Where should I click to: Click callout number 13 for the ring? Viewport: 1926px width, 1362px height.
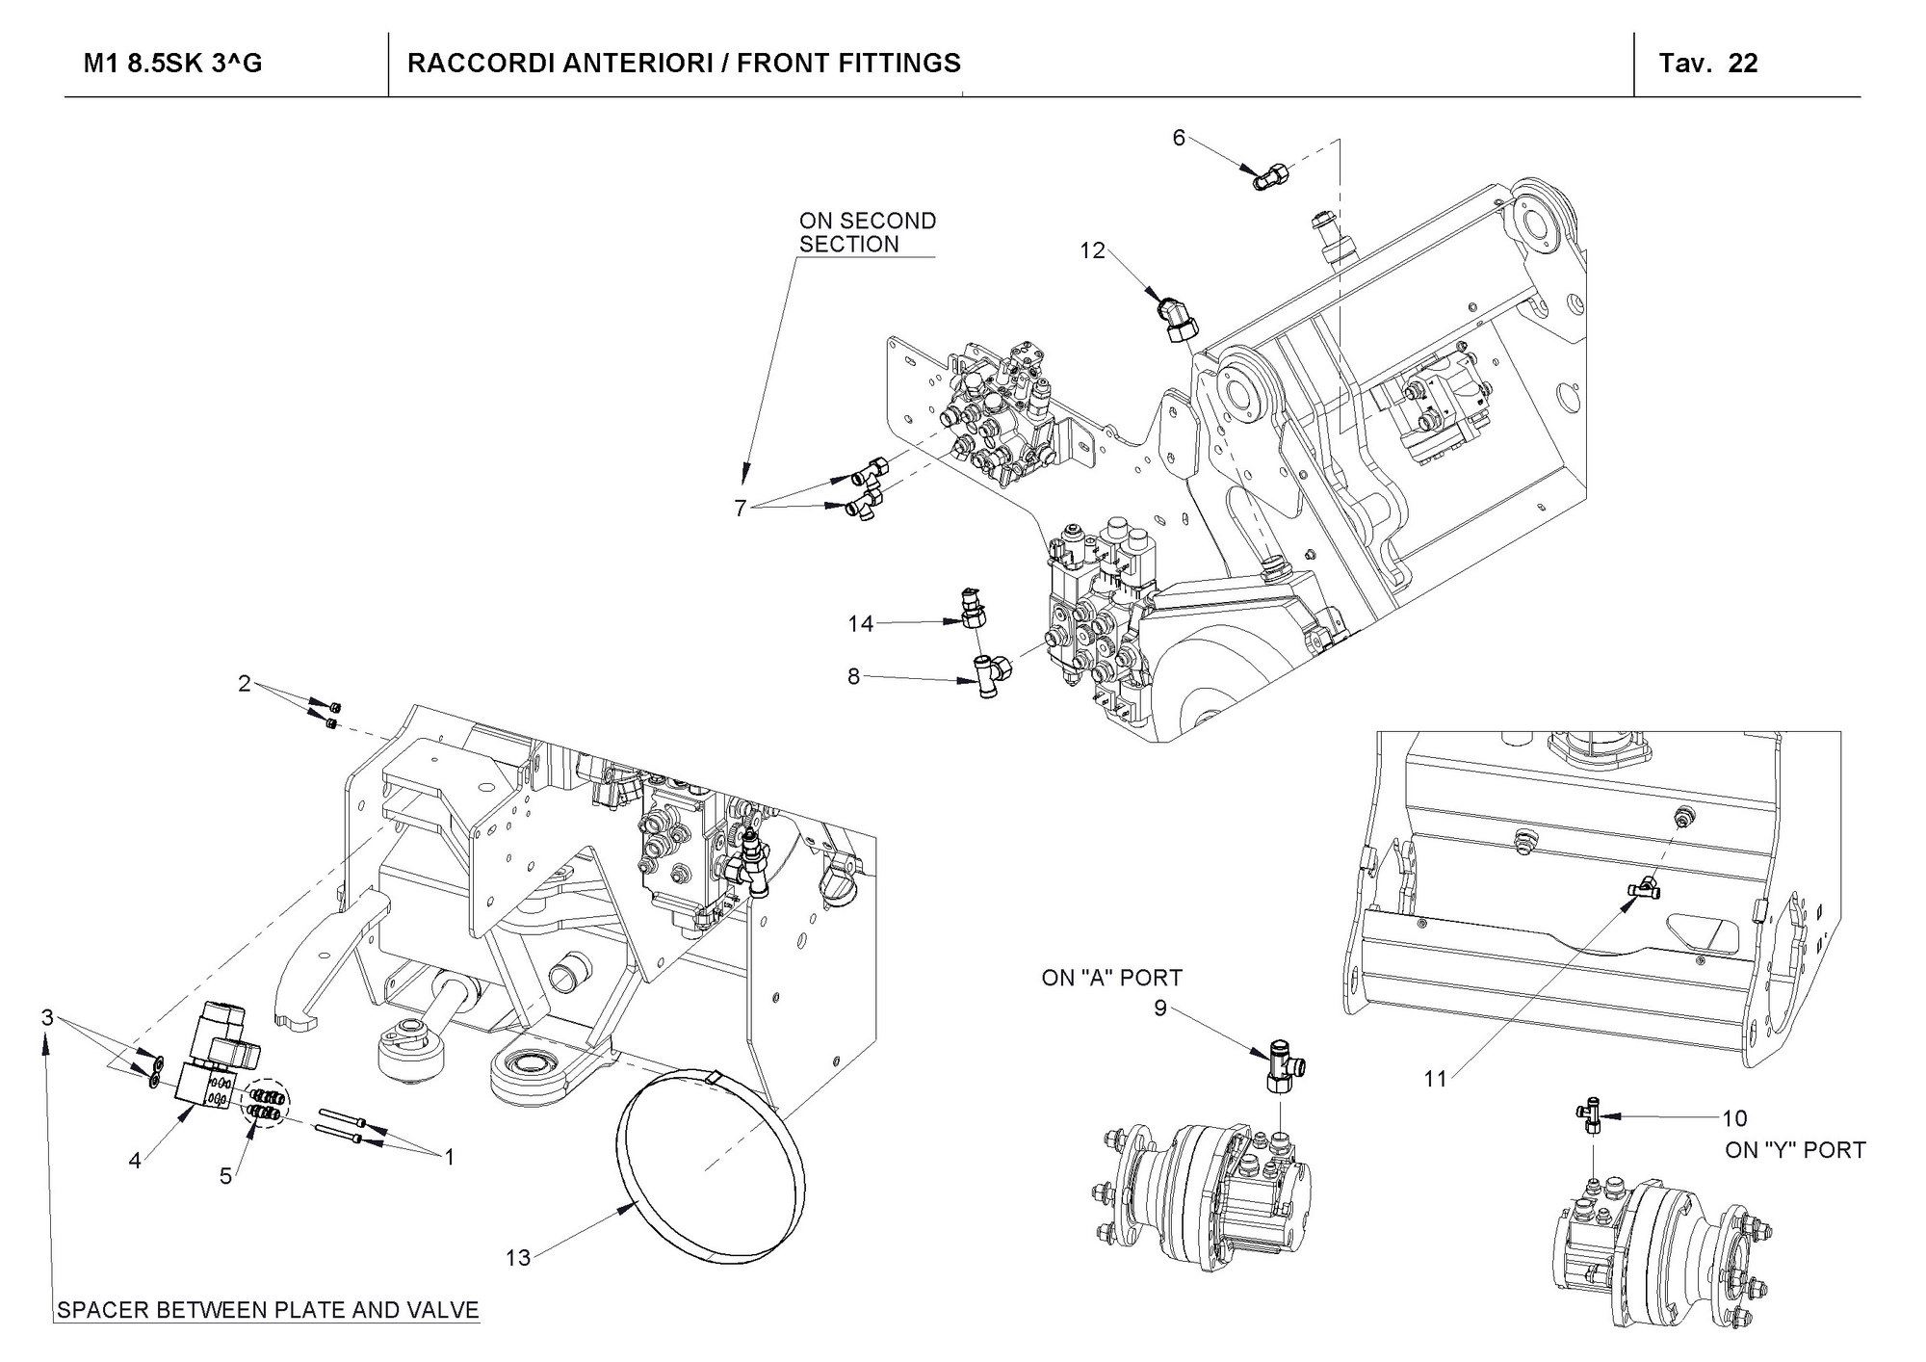point(518,1258)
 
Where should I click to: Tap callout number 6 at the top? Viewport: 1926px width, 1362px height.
point(1179,138)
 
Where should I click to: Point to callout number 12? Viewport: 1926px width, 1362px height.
point(1093,251)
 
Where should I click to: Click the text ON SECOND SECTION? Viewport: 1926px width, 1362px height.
point(867,233)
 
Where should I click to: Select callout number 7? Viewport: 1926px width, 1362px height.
point(740,509)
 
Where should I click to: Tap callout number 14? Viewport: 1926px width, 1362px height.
point(860,624)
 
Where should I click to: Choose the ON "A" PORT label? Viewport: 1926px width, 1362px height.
point(1111,979)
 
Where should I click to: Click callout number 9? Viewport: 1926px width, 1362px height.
point(1160,1008)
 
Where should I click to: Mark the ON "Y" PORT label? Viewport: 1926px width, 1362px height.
point(1795,1150)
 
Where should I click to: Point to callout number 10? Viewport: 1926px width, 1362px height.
point(1734,1118)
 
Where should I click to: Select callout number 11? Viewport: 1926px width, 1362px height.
point(1435,1080)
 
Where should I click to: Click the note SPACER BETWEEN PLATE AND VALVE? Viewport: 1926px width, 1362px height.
point(268,1311)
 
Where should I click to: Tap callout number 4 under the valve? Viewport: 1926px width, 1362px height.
point(135,1162)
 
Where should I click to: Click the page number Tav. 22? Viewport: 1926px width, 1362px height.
point(1708,64)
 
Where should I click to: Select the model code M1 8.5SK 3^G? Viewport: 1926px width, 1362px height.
point(173,64)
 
